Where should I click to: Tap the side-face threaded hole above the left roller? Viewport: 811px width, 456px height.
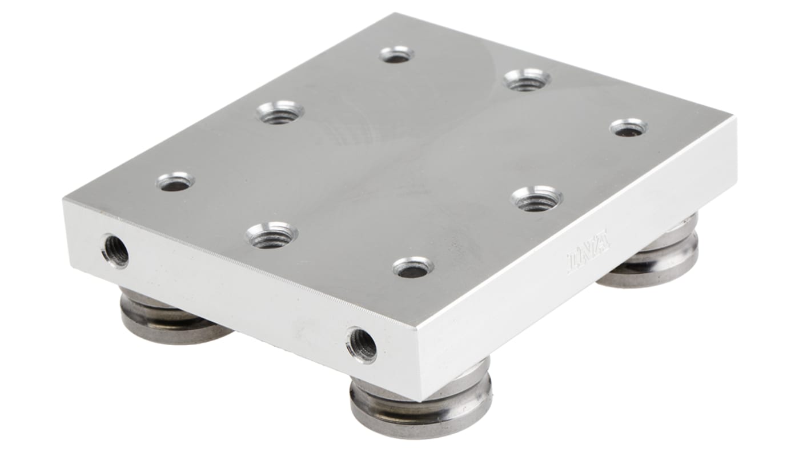(116, 250)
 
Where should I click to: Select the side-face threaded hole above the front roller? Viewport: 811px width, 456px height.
(362, 345)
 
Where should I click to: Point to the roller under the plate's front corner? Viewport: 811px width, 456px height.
(421, 402)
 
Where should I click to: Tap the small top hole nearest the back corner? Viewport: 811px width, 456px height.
(396, 55)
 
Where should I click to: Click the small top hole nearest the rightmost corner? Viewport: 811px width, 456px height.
(628, 127)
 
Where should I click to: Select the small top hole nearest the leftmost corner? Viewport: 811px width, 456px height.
(175, 182)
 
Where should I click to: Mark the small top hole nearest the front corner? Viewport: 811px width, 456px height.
(412, 267)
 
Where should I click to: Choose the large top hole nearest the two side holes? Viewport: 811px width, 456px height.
(272, 235)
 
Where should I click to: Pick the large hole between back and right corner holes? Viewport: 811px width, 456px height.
(527, 80)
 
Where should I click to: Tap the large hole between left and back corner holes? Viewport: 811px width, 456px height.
(280, 113)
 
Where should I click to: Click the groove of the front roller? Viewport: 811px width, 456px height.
(421, 406)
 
